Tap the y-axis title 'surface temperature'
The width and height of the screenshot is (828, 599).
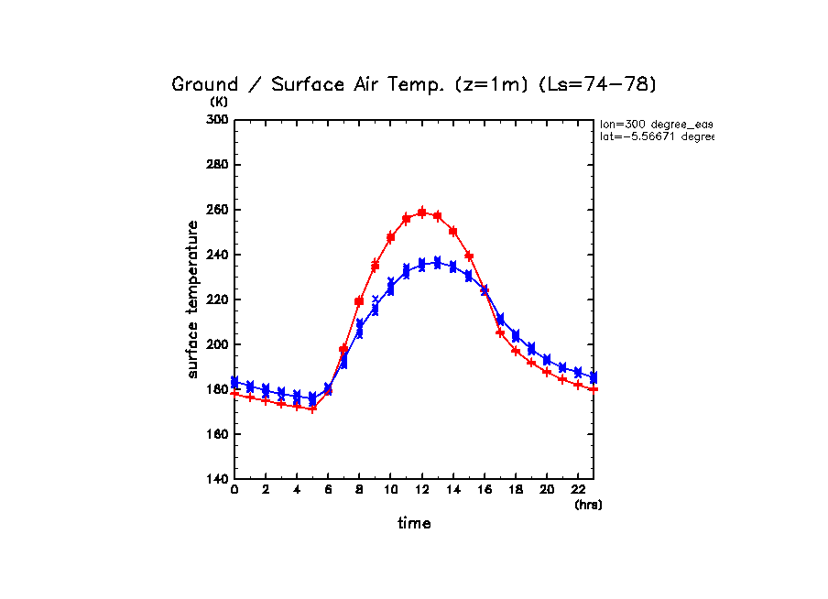tap(193, 299)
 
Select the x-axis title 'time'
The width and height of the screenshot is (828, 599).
tap(414, 523)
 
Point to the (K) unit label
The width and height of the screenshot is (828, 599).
tap(219, 102)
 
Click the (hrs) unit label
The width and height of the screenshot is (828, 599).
tap(588, 505)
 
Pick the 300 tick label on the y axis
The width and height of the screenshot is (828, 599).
tap(216, 120)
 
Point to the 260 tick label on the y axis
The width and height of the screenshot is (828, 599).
tap(216, 210)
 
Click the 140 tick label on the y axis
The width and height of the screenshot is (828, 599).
tap(216, 479)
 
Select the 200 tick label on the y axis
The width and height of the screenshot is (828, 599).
tap(216, 344)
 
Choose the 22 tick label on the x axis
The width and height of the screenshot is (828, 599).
tap(578, 491)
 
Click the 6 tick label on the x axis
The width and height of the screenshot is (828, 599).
tap(328, 491)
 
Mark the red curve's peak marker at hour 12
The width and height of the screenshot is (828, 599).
tap(422, 212)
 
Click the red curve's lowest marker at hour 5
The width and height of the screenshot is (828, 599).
tap(312, 408)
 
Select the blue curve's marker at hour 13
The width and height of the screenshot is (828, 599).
tap(437, 263)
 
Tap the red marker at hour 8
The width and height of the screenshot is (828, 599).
tap(359, 301)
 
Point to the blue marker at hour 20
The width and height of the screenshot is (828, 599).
tap(547, 360)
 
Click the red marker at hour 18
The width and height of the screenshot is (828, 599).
tap(516, 351)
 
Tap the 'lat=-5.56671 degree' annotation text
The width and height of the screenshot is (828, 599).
tap(656, 136)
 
